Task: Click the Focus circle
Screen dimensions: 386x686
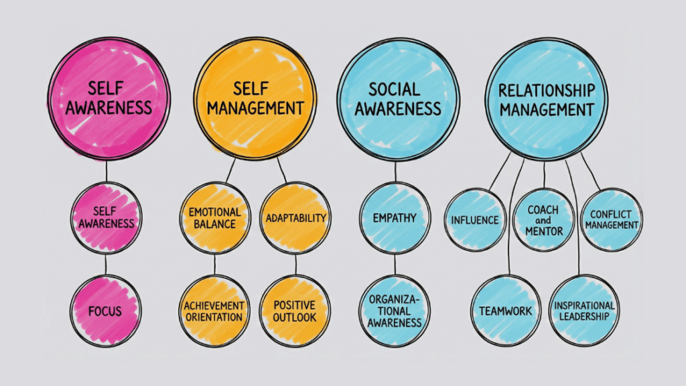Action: pyautogui.click(x=105, y=310)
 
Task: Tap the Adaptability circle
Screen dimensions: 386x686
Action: pyautogui.click(x=295, y=218)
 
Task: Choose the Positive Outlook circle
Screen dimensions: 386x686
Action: pyautogui.click(x=295, y=310)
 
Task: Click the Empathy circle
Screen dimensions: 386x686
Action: pyautogui.click(x=395, y=218)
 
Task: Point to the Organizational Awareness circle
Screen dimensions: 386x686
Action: pyautogui.click(x=395, y=310)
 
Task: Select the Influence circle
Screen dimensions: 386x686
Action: pyautogui.click(x=476, y=220)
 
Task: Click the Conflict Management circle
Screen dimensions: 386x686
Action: pyautogui.click(x=611, y=220)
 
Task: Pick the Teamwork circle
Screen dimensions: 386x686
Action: pyautogui.click(x=506, y=310)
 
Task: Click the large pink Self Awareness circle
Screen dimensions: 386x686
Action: pyautogui.click(x=108, y=99)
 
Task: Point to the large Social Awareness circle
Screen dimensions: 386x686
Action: pyautogui.click(x=398, y=99)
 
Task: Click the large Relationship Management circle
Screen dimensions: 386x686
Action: pyautogui.click(x=546, y=99)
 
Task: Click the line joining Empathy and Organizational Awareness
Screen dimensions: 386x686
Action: pyautogui.click(x=395, y=264)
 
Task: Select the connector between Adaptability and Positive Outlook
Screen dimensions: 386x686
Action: pyautogui.click(x=295, y=264)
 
